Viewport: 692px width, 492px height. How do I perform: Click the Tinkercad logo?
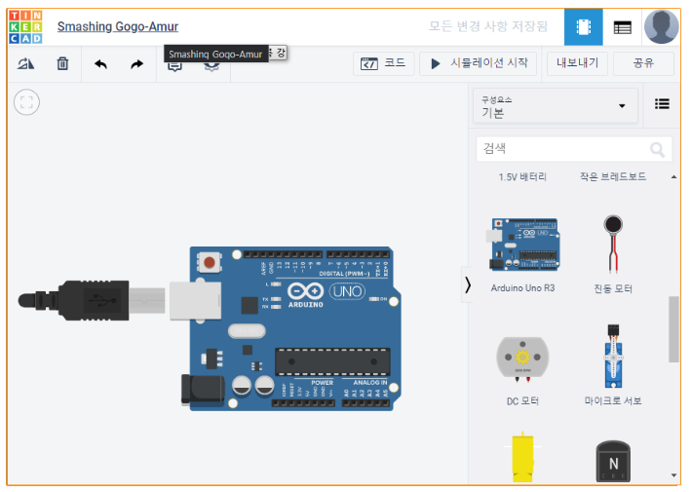(26, 27)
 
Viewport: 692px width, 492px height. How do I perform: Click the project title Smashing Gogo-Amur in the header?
(118, 27)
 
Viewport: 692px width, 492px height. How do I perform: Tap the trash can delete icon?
(62, 64)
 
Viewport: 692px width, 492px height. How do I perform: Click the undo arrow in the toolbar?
(100, 64)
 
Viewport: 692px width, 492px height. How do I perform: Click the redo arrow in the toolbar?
(136, 64)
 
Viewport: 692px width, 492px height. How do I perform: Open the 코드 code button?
(383, 63)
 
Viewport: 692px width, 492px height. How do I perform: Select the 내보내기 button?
(577, 63)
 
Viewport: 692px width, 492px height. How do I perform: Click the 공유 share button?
(643, 63)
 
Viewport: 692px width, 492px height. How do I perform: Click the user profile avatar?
(662, 27)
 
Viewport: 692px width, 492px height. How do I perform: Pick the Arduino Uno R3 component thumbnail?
(522, 245)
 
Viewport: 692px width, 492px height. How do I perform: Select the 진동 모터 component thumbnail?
(613, 244)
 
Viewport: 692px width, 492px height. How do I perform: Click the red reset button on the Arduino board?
(208, 260)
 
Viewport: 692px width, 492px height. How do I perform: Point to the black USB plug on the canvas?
(78, 301)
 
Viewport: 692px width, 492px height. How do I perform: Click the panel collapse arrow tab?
(468, 284)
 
